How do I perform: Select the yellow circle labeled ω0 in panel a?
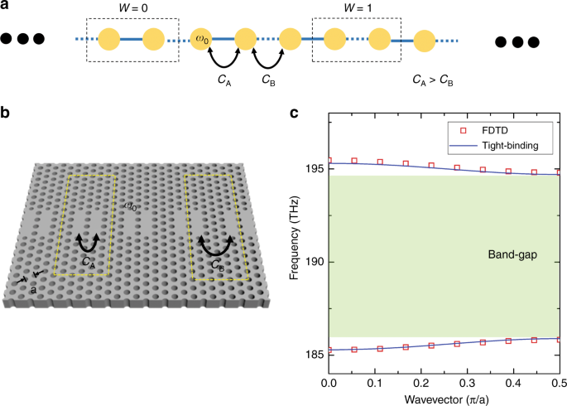click(200, 39)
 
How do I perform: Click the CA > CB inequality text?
click(432, 81)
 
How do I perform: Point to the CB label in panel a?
click(268, 81)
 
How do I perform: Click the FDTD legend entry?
click(493, 130)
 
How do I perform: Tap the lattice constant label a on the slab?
click(33, 289)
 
